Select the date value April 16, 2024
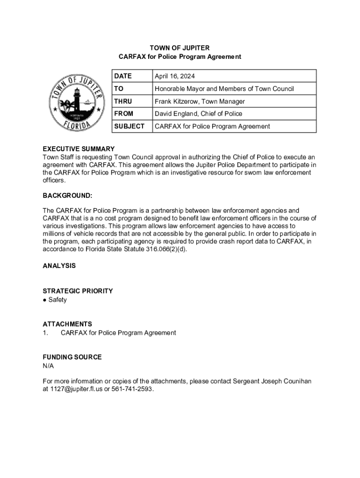click(175, 76)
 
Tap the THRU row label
click(123, 101)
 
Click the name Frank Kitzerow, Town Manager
click(200, 101)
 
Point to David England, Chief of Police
click(198, 113)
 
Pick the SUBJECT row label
click(129, 126)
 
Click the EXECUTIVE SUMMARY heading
click(79, 149)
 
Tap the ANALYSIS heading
click(59, 266)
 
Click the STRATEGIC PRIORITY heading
click(78, 291)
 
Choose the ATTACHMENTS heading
click(67, 324)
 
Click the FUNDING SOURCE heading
click(72, 357)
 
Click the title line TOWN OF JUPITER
click(180, 48)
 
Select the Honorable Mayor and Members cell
click(224, 89)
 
